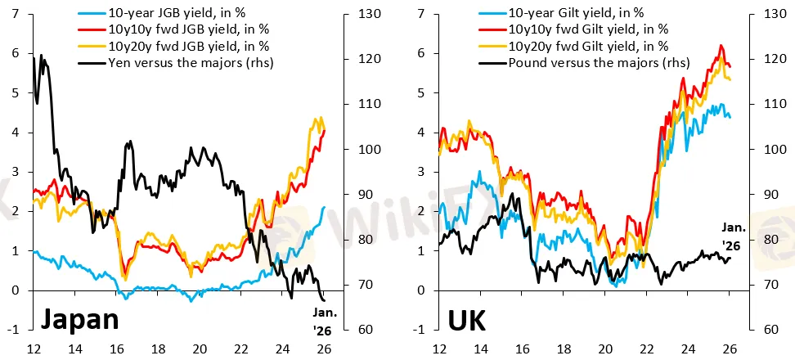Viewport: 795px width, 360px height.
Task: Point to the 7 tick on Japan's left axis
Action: click(x=16, y=14)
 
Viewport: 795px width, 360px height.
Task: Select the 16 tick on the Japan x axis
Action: click(x=116, y=349)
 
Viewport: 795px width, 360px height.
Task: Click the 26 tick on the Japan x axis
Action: click(x=325, y=349)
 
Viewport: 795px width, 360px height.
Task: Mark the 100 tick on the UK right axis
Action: click(x=773, y=150)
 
